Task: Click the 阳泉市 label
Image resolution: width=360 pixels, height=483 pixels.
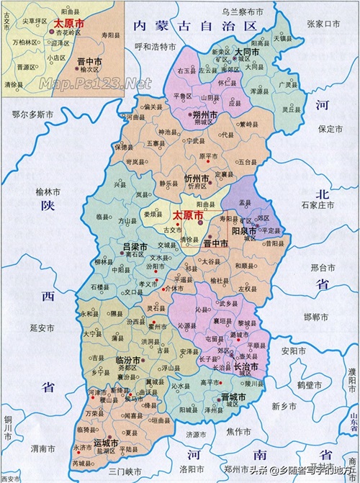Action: (x=245, y=230)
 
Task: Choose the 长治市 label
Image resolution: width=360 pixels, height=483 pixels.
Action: (x=244, y=367)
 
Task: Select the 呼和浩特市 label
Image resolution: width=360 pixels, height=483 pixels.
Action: (x=155, y=47)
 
